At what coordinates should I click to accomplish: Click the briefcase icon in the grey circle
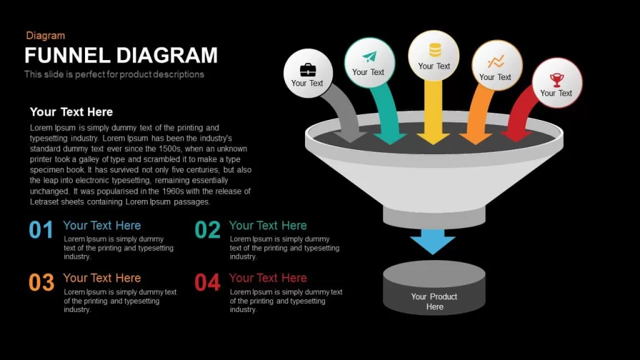307,70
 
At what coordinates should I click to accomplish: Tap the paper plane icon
369,57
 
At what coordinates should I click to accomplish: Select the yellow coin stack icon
435,50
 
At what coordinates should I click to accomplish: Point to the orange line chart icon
496,62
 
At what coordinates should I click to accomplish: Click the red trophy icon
557,79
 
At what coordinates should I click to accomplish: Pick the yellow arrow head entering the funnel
434,138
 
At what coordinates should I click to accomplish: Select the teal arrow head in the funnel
390,138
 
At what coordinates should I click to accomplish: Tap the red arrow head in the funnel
517,136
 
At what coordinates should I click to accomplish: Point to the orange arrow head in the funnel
476,138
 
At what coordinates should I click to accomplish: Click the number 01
41,229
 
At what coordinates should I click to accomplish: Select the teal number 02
207,229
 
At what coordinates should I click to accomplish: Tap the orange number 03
41,282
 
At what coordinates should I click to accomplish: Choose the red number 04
207,282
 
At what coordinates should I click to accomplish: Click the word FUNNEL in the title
67,56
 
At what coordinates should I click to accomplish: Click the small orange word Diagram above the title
45,36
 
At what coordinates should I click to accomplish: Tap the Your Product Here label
434,302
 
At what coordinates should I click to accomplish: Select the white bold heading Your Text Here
71,112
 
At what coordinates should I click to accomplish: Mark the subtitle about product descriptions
114,74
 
